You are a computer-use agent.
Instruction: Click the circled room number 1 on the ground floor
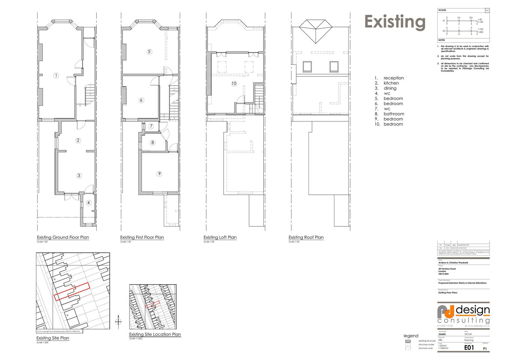point(56,75)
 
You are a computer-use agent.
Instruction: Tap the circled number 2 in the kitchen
point(78,140)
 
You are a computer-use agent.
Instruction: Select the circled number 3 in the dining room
point(79,175)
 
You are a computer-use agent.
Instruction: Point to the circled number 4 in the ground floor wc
point(89,203)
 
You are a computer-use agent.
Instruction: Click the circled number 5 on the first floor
point(149,52)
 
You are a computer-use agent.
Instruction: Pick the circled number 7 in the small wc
point(151,126)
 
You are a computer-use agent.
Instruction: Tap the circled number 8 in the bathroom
point(153,142)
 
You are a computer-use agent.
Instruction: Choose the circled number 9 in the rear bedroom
point(159,174)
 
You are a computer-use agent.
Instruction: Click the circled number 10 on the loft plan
point(234,83)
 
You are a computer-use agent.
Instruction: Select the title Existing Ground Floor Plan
point(63,237)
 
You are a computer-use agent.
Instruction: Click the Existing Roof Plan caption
point(306,237)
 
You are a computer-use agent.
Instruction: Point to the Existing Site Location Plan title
point(155,335)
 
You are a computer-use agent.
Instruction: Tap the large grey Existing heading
point(395,22)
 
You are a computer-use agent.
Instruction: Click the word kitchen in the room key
point(391,83)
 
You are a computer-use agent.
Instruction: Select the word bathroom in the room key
point(394,114)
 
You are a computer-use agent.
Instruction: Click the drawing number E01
point(469,348)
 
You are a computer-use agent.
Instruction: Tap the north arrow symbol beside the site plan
point(118,321)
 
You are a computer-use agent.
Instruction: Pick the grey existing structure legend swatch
point(408,341)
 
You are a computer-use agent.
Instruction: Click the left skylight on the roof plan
point(307,66)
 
